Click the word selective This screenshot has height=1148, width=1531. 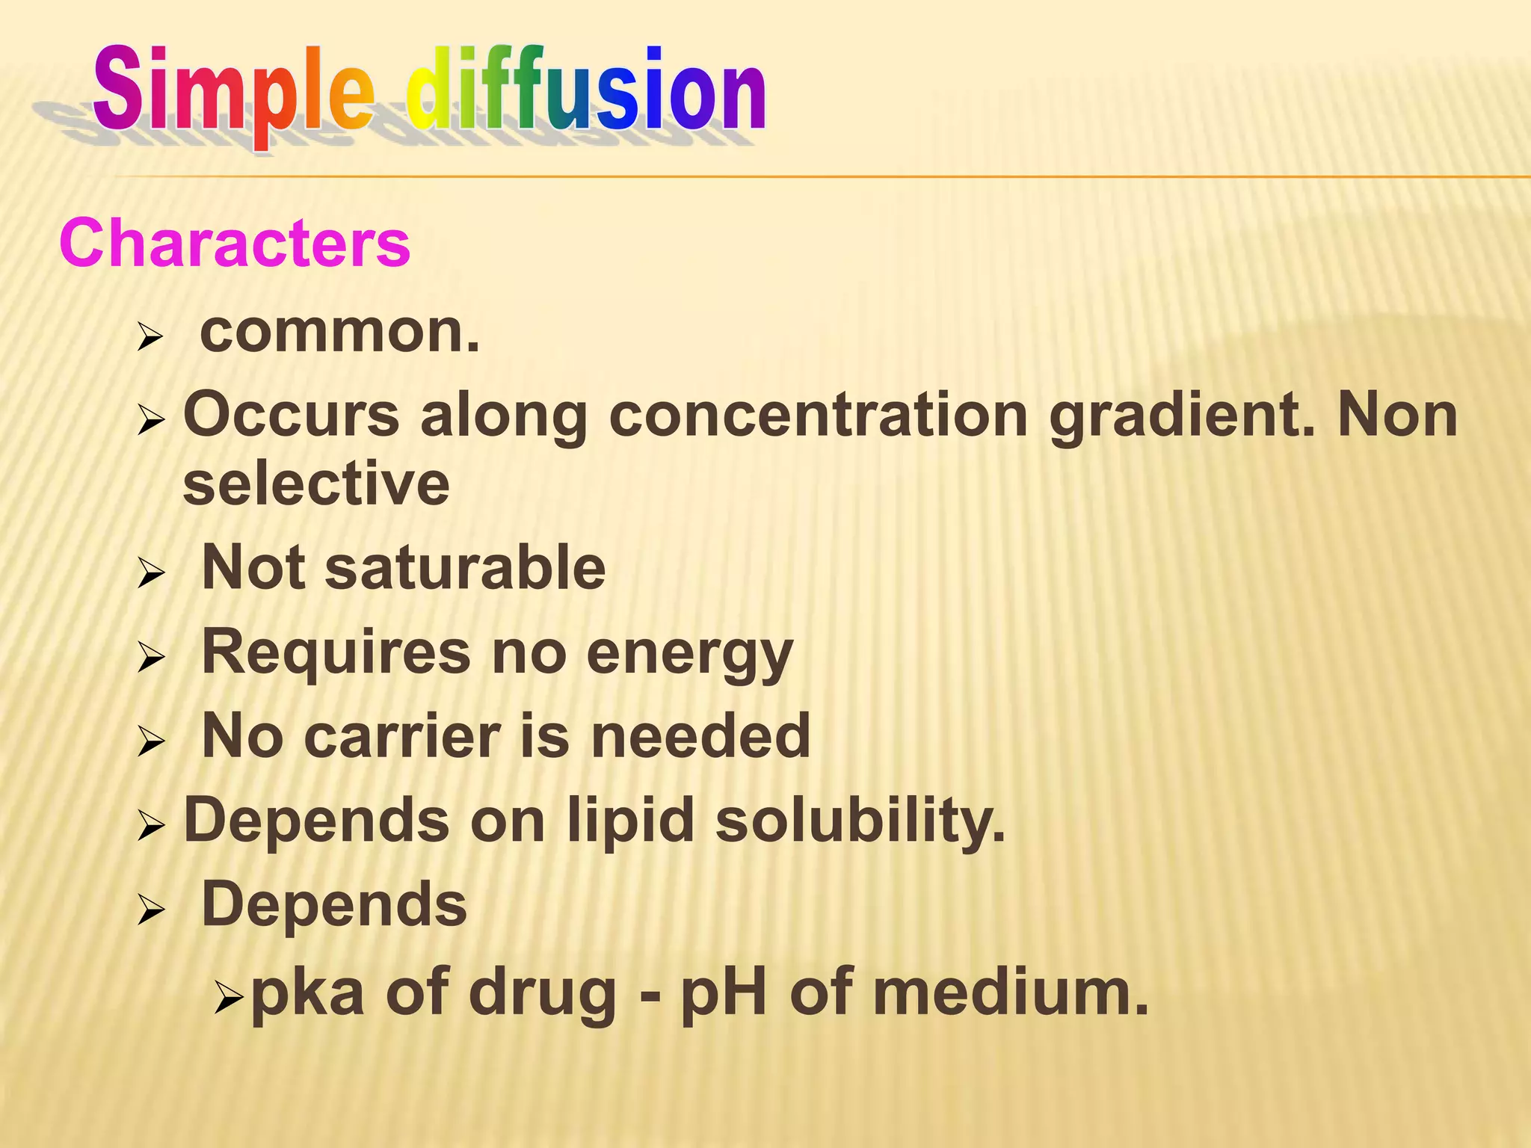[316, 484]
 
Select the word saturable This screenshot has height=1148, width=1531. [465, 568]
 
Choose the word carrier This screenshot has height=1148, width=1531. [402, 736]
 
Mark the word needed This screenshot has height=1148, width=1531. [700, 736]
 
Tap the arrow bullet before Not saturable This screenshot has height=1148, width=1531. [151, 574]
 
